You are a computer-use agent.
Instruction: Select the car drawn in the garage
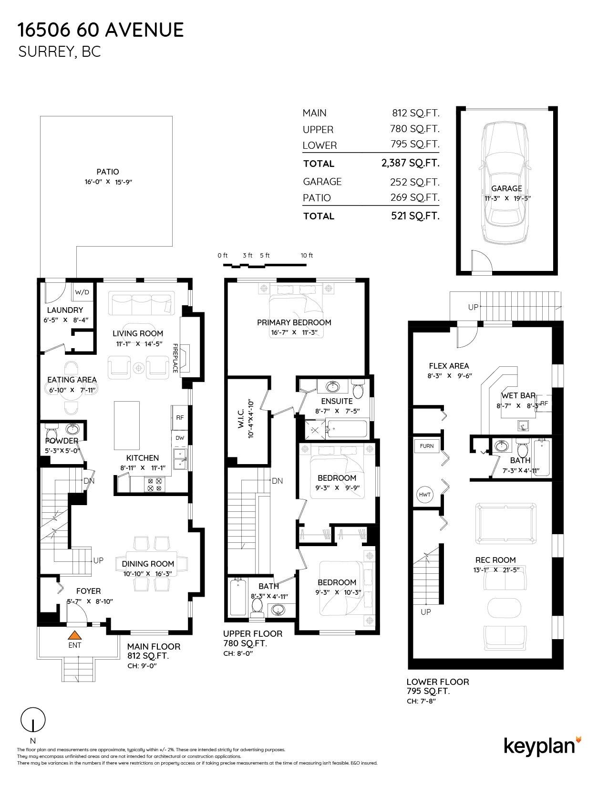click(x=505, y=183)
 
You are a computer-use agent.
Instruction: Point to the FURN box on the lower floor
click(x=427, y=446)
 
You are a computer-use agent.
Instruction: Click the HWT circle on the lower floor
click(x=425, y=494)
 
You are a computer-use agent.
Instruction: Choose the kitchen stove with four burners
click(x=155, y=485)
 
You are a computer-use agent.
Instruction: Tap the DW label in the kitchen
click(x=180, y=438)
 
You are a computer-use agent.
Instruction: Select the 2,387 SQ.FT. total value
click(x=410, y=163)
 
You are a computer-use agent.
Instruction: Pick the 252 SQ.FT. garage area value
click(x=414, y=182)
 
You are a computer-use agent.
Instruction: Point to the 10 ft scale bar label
click(x=307, y=255)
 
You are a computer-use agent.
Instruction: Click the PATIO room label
click(x=108, y=172)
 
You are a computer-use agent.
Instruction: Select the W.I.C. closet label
click(x=241, y=419)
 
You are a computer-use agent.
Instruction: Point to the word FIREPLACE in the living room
click(x=175, y=358)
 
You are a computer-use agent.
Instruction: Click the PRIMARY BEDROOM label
click(x=294, y=322)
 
